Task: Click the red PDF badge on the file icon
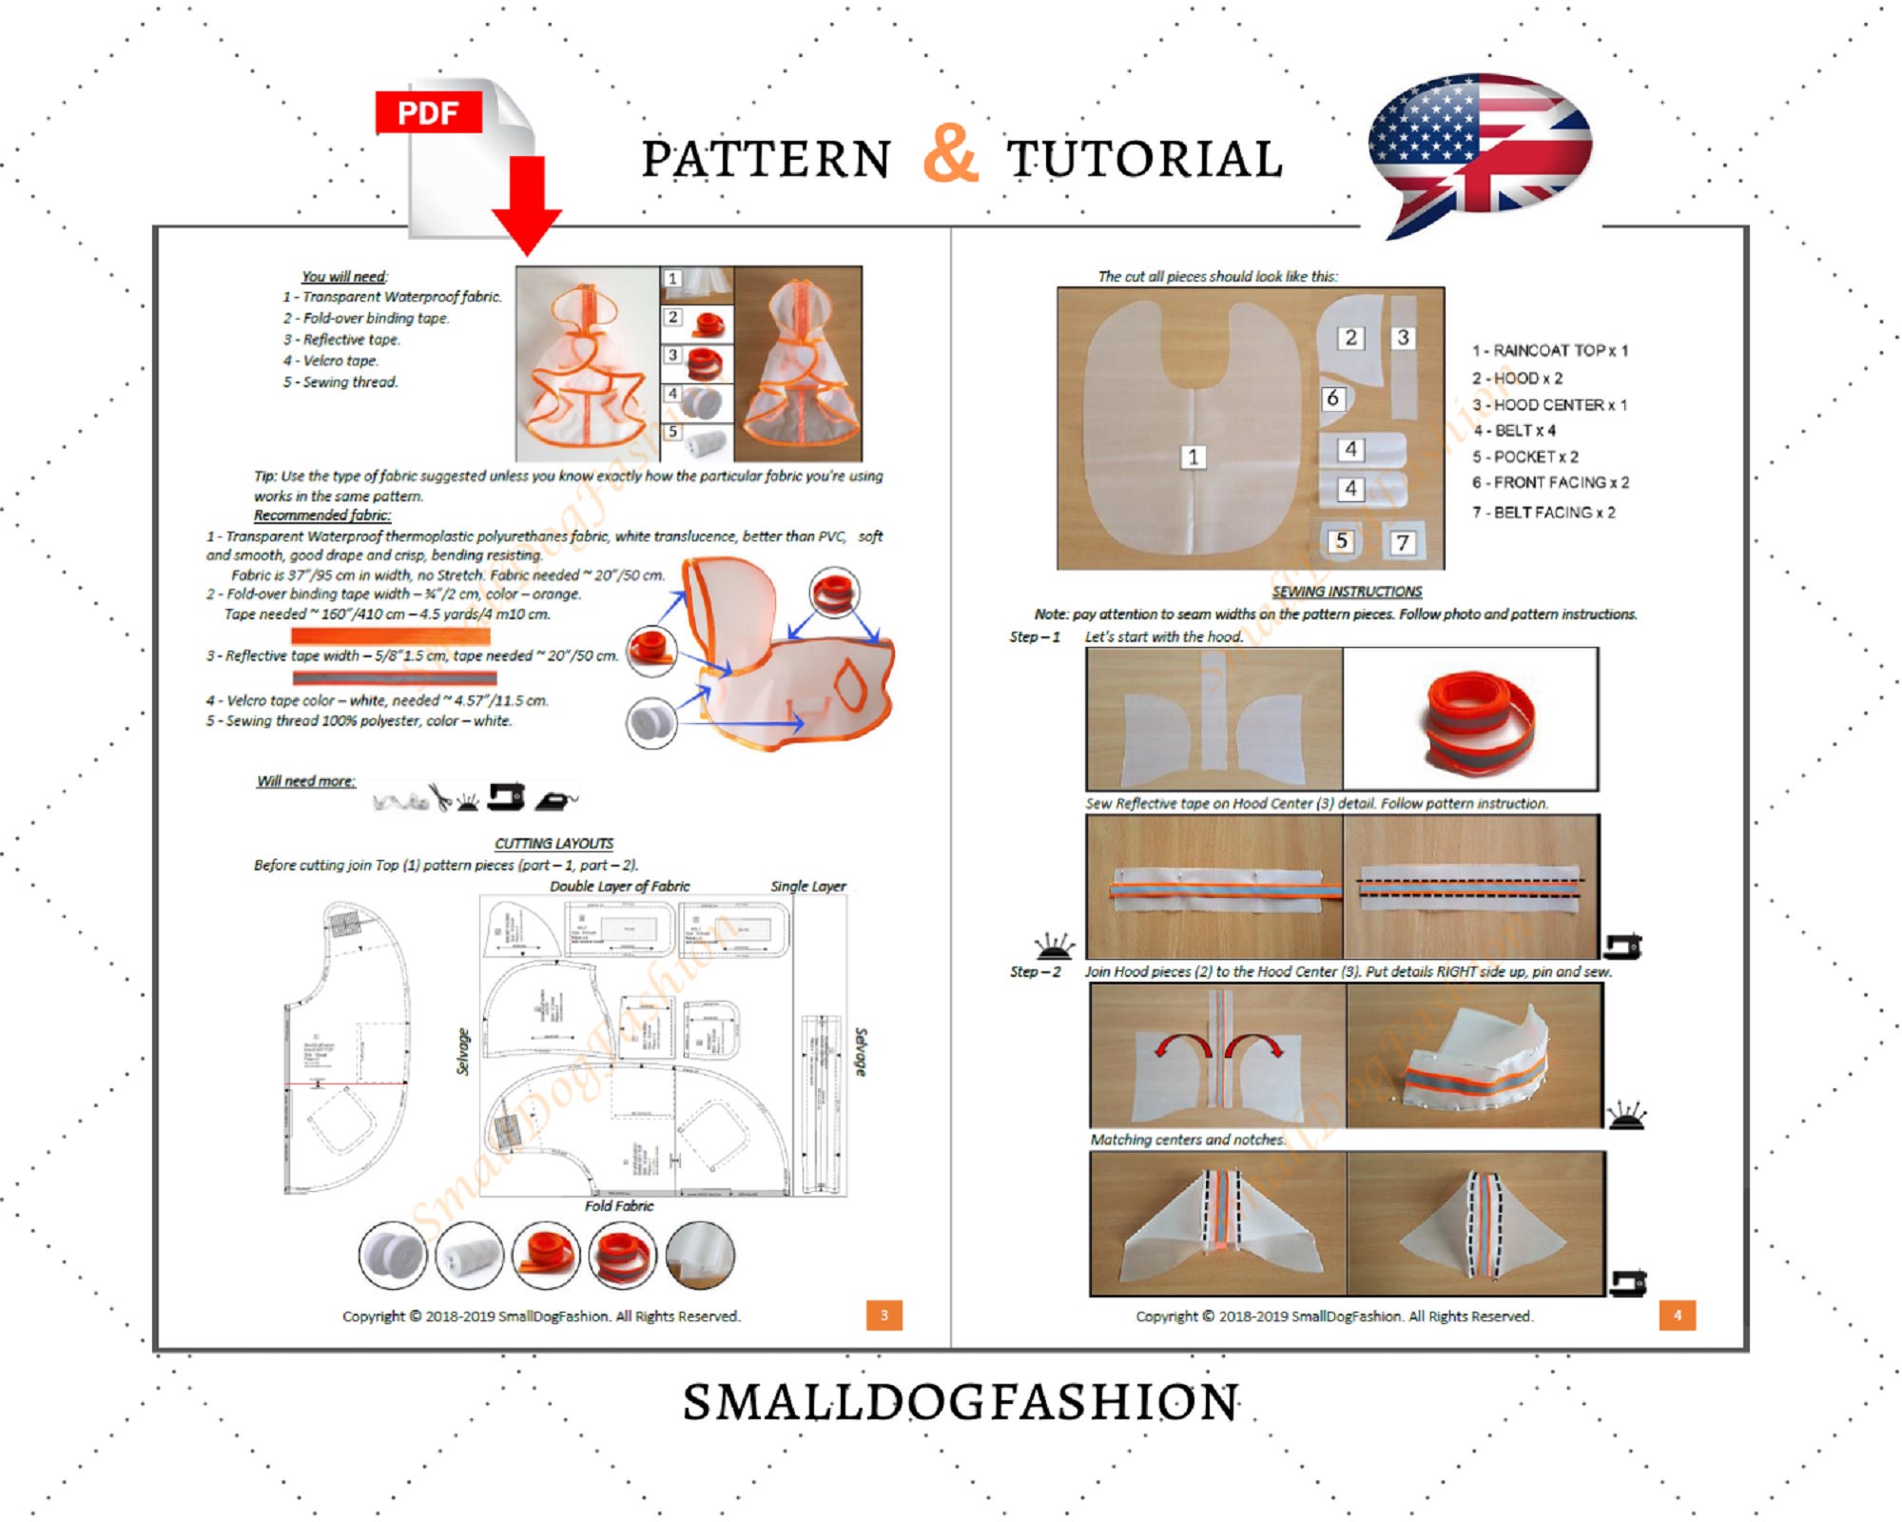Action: click(427, 112)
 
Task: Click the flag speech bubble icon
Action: click(1480, 152)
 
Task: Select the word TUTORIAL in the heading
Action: click(1145, 159)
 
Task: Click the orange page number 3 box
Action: click(883, 1315)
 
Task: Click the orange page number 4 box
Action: click(1677, 1315)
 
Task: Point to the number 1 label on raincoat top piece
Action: click(1193, 457)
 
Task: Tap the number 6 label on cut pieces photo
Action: click(1332, 398)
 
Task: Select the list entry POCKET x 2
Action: click(1524, 457)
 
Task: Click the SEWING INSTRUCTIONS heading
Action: click(1347, 591)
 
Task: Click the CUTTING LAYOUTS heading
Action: click(553, 843)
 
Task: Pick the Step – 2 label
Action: click(1035, 971)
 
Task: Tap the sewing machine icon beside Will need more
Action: click(506, 796)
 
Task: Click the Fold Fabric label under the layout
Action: click(618, 1205)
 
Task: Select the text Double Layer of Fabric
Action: click(619, 886)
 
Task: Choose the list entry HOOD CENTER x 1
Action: click(1549, 404)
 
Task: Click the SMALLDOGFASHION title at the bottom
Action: click(961, 1402)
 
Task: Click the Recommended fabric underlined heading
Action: click(321, 515)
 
